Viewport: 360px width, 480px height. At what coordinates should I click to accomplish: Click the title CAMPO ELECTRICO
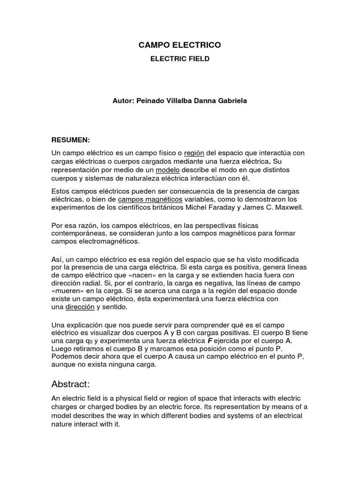point(180,45)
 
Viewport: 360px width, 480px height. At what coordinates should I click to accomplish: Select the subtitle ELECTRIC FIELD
point(180,59)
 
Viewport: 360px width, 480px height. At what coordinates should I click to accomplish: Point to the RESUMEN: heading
point(70,140)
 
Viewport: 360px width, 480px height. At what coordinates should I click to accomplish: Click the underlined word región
point(194,153)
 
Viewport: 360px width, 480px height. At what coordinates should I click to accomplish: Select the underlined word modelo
point(168,169)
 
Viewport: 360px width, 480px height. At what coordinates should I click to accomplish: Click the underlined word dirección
point(80,307)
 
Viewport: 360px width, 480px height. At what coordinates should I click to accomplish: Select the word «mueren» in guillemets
point(67,292)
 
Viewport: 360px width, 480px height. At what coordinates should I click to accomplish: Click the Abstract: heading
point(70,384)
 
